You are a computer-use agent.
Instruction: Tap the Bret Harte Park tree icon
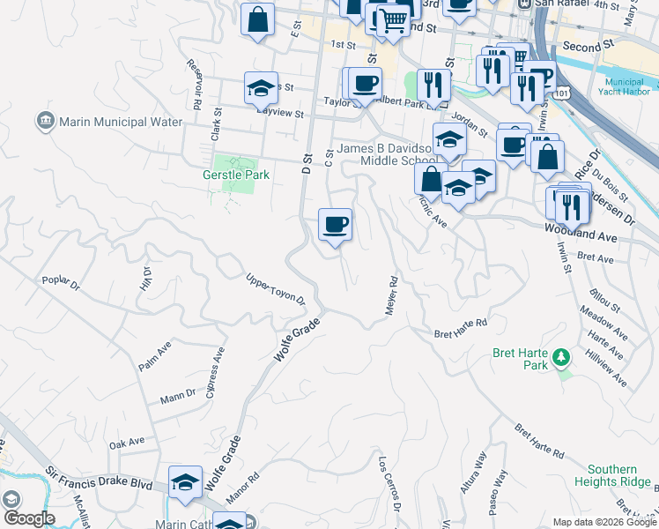click(x=560, y=359)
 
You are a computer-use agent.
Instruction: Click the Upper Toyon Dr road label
click(x=275, y=289)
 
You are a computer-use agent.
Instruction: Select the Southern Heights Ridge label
click(x=612, y=475)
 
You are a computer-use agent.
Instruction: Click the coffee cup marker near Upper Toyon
click(x=335, y=226)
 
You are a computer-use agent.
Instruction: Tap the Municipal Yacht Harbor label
click(x=620, y=86)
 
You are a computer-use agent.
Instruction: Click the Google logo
click(x=29, y=518)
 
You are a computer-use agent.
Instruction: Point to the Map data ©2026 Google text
click(x=603, y=522)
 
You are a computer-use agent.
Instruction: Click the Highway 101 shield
click(x=563, y=92)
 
